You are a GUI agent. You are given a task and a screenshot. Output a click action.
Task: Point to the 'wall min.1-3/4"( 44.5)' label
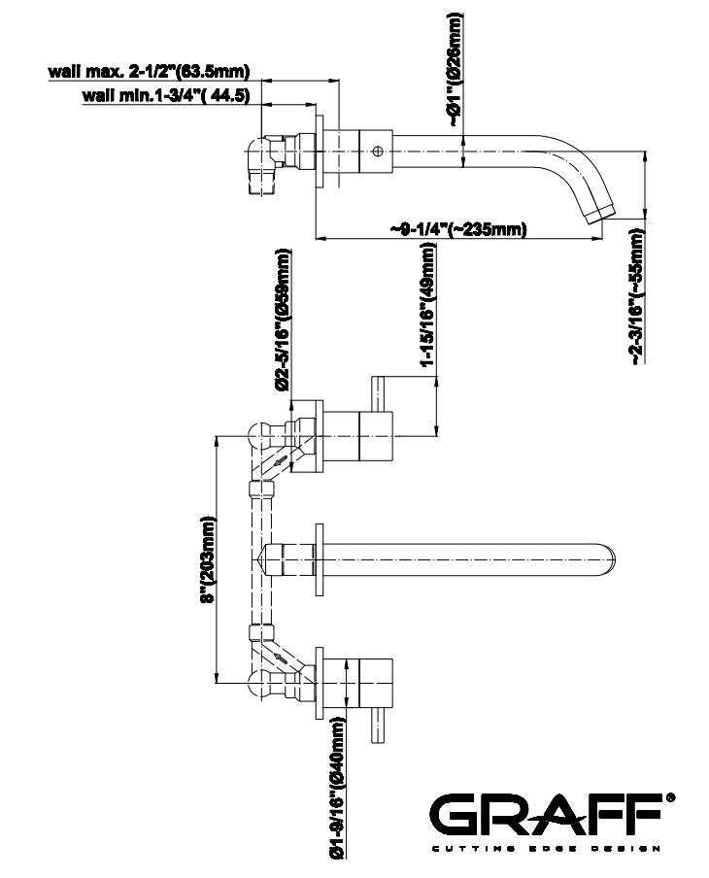pyautogui.click(x=167, y=95)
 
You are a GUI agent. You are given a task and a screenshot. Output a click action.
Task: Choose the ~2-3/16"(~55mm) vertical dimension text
pyautogui.click(x=636, y=297)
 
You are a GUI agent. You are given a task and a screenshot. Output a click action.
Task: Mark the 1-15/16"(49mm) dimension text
pyautogui.click(x=427, y=306)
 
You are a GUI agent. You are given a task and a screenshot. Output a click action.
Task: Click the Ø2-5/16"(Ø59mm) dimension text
pyautogui.click(x=283, y=320)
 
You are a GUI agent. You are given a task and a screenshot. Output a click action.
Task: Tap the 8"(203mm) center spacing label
pyautogui.click(x=207, y=560)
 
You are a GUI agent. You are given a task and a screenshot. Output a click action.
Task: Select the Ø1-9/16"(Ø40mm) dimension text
pyautogui.click(x=336, y=789)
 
